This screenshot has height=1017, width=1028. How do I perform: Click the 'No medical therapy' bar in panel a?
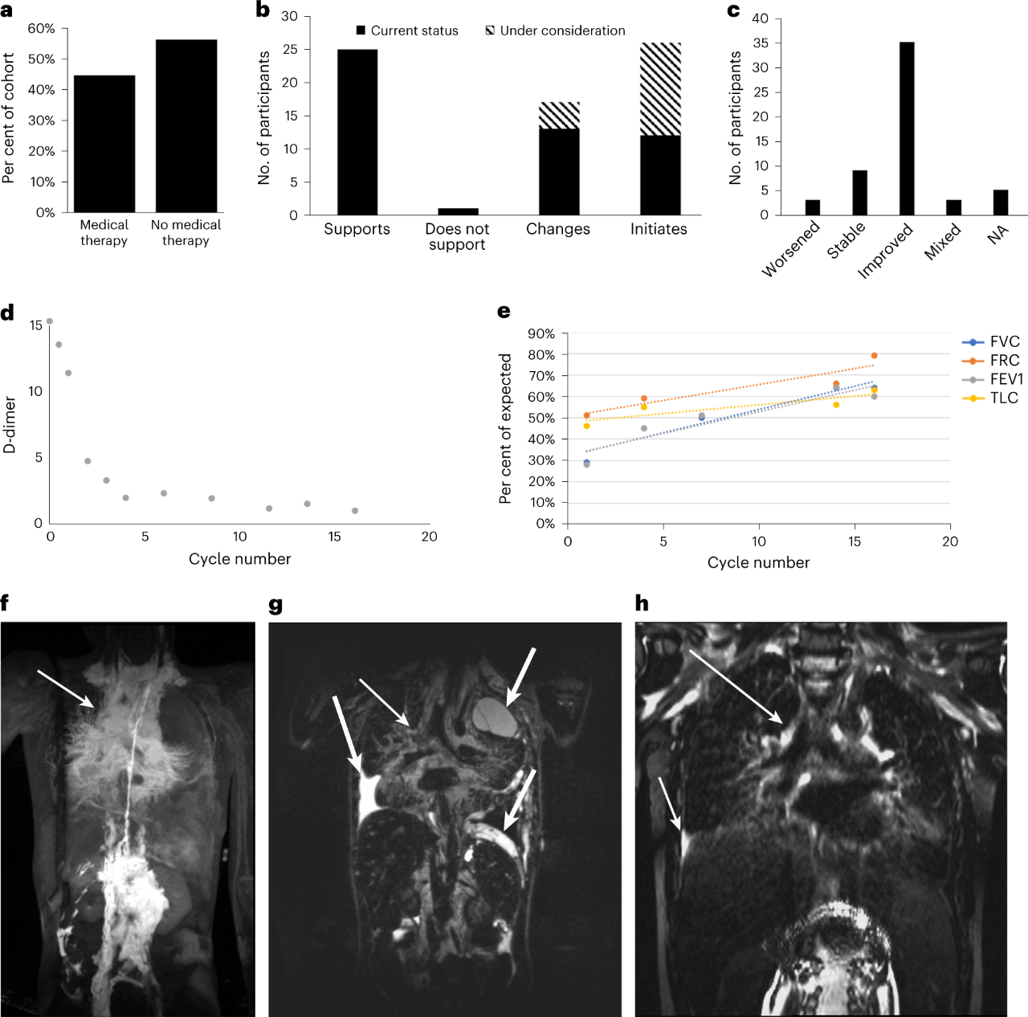[x=186, y=125]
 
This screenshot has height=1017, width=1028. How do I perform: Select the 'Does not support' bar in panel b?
[x=458, y=211]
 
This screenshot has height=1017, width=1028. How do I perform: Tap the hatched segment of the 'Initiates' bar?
[x=660, y=89]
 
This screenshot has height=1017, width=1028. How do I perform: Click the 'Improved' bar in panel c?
[x=907, y=129]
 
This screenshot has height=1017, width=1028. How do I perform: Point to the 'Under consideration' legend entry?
[x=555, y=31]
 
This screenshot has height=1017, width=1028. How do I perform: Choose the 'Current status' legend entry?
[x=407, y=31]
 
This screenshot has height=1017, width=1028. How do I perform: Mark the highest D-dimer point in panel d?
[x=50, y=321]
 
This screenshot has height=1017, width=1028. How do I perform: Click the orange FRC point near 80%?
[x=874, y=356]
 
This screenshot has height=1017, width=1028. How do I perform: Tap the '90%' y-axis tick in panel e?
[x=541, y=333]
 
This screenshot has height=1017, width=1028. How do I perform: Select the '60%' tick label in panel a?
[x=41, y=29]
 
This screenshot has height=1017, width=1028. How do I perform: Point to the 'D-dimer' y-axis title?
[x=10, y=425]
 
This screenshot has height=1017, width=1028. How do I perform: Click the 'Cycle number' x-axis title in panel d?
[x=239, y=559]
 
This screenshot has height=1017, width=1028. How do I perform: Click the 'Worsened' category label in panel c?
[x=790, y=249]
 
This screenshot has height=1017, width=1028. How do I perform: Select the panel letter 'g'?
[x=275, y=604]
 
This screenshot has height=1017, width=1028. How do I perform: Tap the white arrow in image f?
[x=66, y=689]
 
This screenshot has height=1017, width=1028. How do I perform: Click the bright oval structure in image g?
[x=496, y=716]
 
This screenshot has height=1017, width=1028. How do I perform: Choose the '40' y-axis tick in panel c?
[x=760, y=18]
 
